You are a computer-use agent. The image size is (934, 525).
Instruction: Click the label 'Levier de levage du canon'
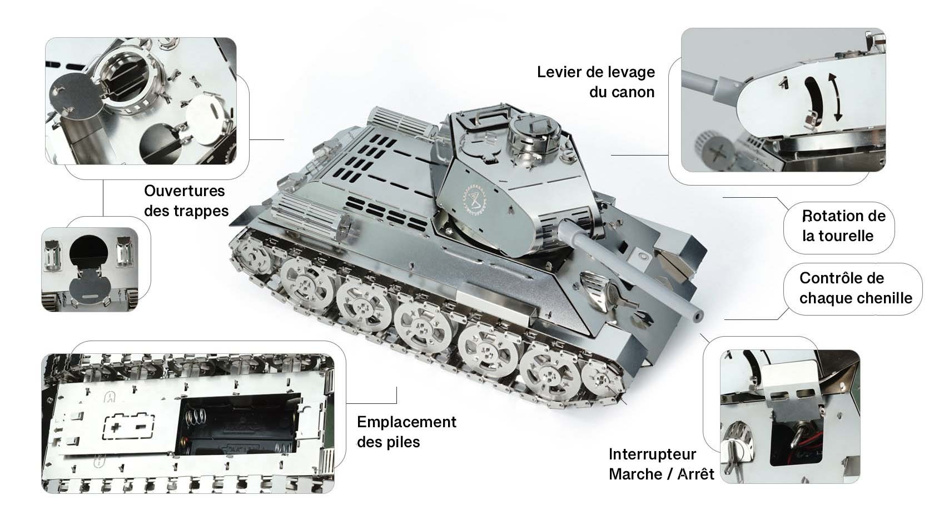(595, 82)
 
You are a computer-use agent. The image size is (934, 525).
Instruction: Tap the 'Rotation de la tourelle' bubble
(843, 226)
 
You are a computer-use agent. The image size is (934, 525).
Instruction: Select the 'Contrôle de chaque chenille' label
(855, 288)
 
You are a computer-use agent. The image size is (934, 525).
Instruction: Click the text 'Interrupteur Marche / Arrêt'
(660, 464)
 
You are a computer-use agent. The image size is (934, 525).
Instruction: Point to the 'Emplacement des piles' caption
(406, 432)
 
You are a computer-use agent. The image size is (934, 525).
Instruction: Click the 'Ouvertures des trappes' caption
(186, 201)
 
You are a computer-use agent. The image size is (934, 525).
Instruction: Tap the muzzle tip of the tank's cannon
(696, 314)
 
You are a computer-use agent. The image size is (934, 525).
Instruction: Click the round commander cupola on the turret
(532, 134)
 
